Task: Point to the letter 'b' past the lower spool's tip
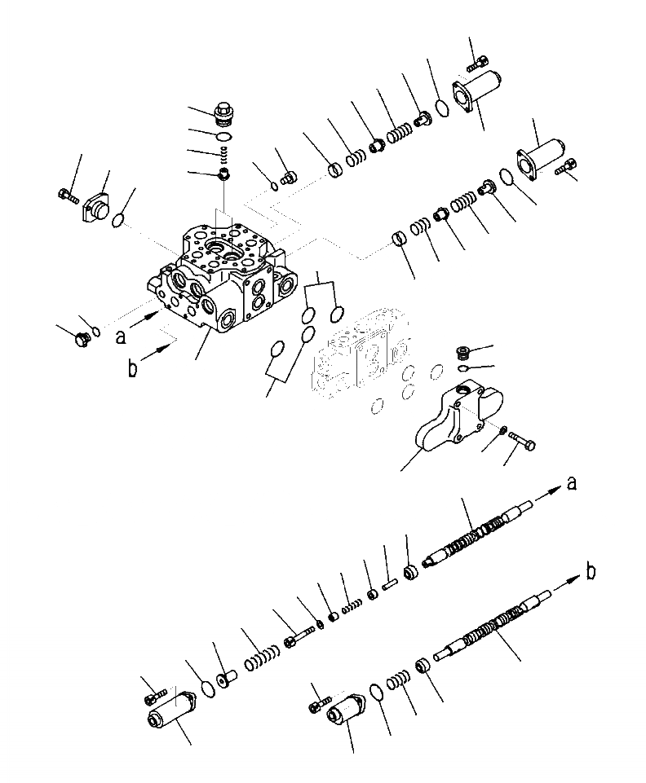pyautogui.click(x=590, y=573)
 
